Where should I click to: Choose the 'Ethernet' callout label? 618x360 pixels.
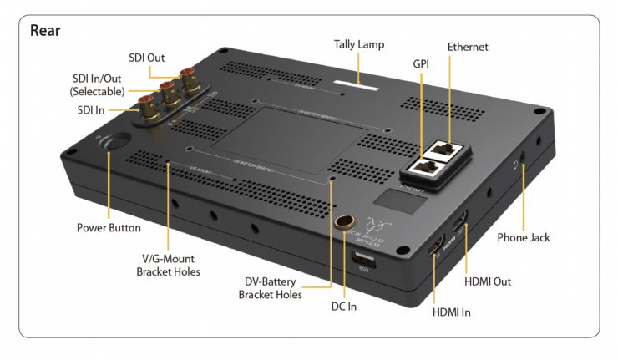pyautogui.click(x=468, y=47)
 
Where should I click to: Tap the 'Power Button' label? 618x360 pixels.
pyautogui.click(x=109, y=227)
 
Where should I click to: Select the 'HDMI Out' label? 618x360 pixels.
pyautogui.click(x=489, y=281)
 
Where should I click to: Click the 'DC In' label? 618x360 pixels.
pyautogui.click(x=342, y=307)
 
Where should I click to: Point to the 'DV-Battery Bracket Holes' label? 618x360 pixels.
pyautogui.click(x=271, y=287)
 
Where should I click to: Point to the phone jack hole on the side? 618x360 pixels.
pyautogui.click(x=524, y=165)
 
